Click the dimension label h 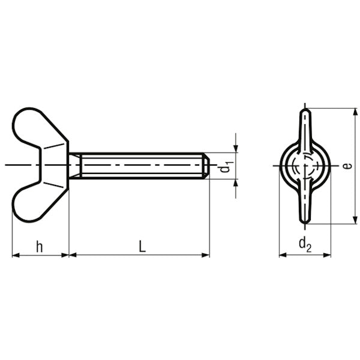pyautogui.click(x=40, y=247)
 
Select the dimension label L pyautogui.click(x=142, y=247)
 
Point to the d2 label pyautogui.click(x=305, y=245)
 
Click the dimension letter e pyautogui.click(x=348, y=166)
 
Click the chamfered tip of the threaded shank pyautogui.click(x=206, y=166)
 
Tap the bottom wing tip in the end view pyautogui.click(x=305, y=221)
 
